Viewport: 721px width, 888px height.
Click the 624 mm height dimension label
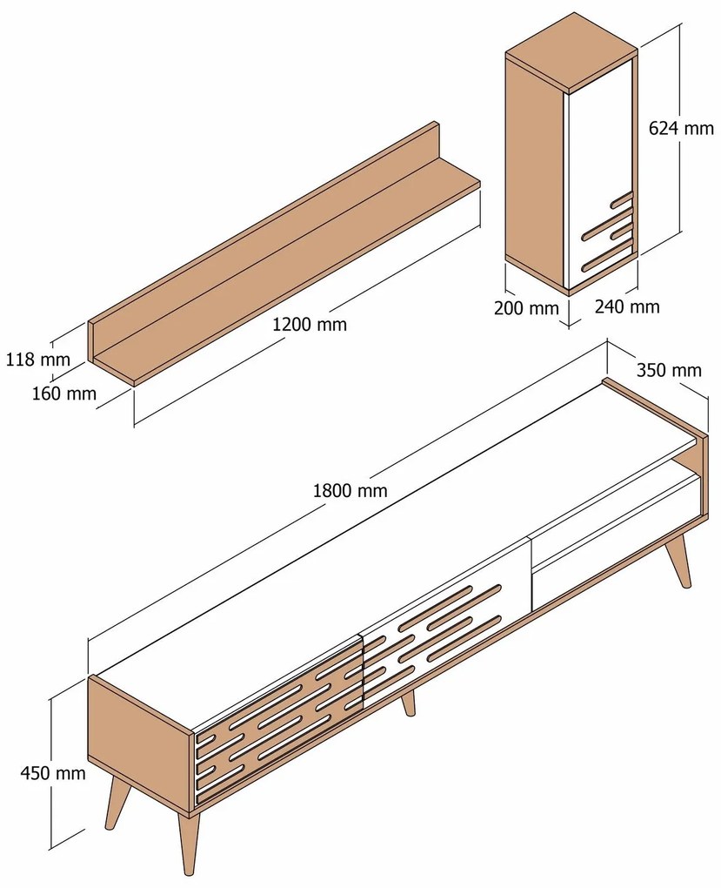point(681,128)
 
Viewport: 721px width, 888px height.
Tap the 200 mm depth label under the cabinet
point(525,307)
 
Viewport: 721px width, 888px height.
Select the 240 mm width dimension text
point(627,306)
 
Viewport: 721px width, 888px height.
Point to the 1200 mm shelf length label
point(309,324)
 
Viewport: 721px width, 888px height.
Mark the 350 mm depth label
point(668,370)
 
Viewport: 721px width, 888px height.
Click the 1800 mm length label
point(350,490)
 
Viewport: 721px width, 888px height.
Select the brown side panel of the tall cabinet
point(535,165)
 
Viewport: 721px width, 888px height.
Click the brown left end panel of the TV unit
point(139,740)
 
